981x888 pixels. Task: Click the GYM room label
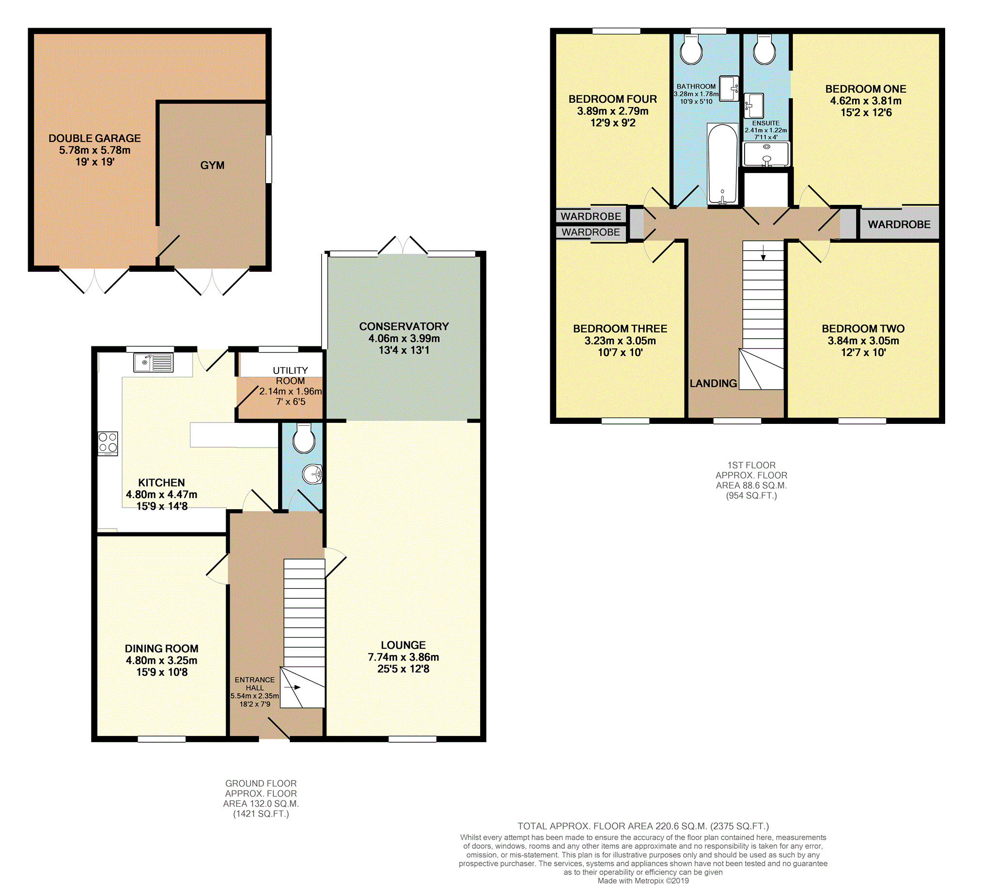pyautogui.click(x=212, y=165)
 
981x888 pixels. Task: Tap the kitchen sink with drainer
pyautogui.click(x=153, y=362)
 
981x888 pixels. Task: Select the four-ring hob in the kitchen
pyautogui.click(x=108, y=443)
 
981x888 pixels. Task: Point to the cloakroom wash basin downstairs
pyautogui.click(x=312, y=474)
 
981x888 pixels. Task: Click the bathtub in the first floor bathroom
pyautogui.click(x=722, y=164)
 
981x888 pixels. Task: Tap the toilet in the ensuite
pyautogui.click(x=764, y=50)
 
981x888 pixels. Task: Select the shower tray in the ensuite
pyautogui.click(x=766, y=154)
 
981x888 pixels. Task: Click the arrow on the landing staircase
pyautogui.click(x=763, y=253)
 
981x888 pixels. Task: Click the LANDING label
pyautogui.click(x=713, y=383)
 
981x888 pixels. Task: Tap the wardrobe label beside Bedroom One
pyautogui.click(x=899, y=224)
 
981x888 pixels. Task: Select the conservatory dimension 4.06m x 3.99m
pyautogui.click(x=404, y=338)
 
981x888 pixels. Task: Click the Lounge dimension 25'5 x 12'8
pyautogui.click(x=403, y=669)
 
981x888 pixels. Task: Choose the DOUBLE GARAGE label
pyautogui.click(x=94, y=138)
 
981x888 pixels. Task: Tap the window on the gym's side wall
pyautogui.click(x=268, y=159)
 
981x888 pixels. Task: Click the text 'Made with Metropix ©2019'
pyautogui.click(x=643, y=880)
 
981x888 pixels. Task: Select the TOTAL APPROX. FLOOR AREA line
pyautogui.click(x=643, y=826)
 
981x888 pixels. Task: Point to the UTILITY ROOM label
pyautogui.click(x=290, y=375)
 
